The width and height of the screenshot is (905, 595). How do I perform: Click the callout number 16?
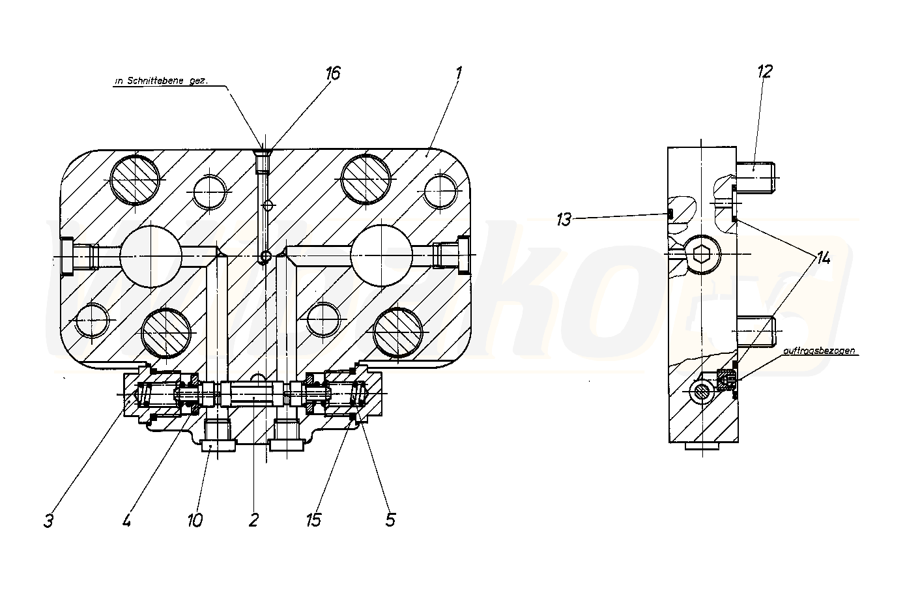(x=333, y=73)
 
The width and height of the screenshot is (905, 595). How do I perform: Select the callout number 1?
(x=459, y=73)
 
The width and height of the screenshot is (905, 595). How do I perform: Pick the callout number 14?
(x=823, y=259)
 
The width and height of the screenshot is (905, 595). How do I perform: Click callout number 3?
(x=49, y=521)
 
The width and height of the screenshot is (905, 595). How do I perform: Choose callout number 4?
(x=126, y=521)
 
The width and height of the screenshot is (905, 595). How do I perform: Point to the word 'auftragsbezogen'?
(x=820, y=351)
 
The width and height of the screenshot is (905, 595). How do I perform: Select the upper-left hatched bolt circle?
(x=135, y=179)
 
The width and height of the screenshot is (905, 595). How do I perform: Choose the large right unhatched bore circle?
(x=381, y=257)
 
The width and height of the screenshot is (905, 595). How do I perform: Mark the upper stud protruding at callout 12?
(x=756, y=177)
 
